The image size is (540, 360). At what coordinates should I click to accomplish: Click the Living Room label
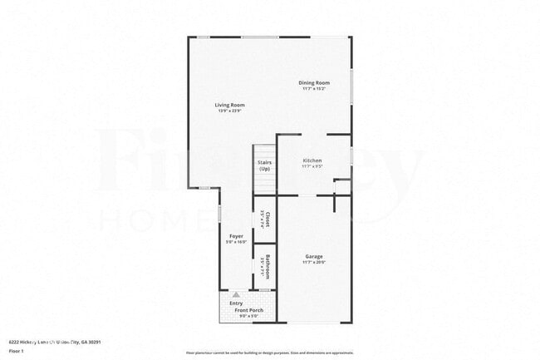click(x=229, y=105)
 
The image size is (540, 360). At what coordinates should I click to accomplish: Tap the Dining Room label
click(x=315, y=82)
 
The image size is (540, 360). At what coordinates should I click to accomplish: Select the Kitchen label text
click(x=312, y=160)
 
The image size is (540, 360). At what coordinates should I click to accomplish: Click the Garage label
click(x=313, y=257)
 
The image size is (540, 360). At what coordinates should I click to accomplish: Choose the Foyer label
click(x=236, y=236)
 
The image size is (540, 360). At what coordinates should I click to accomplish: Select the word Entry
click(x=236, y=304)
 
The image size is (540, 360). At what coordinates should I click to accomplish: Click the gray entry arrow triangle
click(x=236, y=294)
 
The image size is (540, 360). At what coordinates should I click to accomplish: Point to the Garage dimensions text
click(x=313, y=263)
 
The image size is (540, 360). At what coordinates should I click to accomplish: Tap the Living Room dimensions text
click(x=229, y=111)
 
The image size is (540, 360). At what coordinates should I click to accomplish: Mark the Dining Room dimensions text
click(x=315, y=88)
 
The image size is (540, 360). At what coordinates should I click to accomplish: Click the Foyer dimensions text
click(x=236, y=242)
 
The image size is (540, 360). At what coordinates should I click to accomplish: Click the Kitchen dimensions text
click(x=312, y=166)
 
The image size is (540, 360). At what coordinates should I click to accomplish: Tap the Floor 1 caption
click(x=17, y=351)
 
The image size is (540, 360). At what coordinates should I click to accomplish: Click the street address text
click(x=54, y=341)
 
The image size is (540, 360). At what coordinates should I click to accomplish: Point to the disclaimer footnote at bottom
click(x=269, y=353)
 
